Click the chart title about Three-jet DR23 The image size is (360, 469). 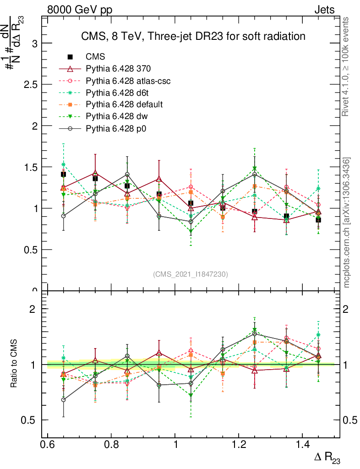(x=193, y=36)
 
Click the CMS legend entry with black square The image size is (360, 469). (x=95, y=57)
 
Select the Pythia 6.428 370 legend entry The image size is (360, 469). (x=118, y=69)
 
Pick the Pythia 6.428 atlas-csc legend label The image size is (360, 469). (x=128, y=81)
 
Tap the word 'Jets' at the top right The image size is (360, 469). (x=324, y=10)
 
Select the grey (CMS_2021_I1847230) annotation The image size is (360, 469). (x=191, y=274)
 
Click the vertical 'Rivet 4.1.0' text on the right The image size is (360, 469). (x=347, y=67)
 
